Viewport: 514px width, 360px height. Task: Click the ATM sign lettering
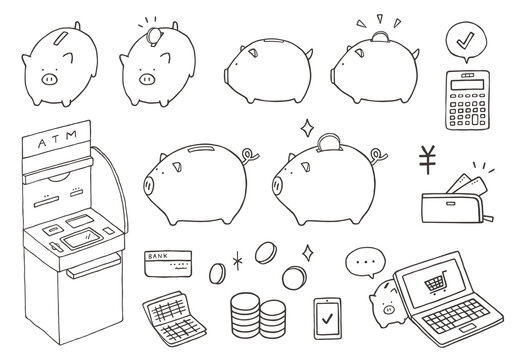coord(57,139)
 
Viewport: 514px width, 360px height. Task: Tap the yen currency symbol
coord(427,159)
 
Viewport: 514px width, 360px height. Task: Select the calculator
coord(467,100)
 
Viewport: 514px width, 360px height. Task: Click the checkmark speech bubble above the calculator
coord(466,42)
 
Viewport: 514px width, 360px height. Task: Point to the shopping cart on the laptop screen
coord(436,283)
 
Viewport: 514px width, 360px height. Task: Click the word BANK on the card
coord(158,256)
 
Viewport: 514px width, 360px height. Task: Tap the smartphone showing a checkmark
coord(327,318)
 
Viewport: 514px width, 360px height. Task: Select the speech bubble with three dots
coord(365,263)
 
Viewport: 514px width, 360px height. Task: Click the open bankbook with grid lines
coord(174,317)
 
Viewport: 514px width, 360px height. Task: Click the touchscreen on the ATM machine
coord(82,239)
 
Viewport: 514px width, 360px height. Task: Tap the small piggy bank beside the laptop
coord(387,303)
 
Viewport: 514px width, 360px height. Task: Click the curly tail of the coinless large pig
coord(248,156)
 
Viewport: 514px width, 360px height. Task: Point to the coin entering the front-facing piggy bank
coord(154,37)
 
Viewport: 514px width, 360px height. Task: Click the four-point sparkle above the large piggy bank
coord(307,128)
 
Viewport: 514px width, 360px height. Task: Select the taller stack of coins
coord(245,315)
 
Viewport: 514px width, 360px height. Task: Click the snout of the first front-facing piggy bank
coord(49,79)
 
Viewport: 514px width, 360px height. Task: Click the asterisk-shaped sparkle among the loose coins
coord(237,261)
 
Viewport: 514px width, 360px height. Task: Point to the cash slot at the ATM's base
coord(94,265)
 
